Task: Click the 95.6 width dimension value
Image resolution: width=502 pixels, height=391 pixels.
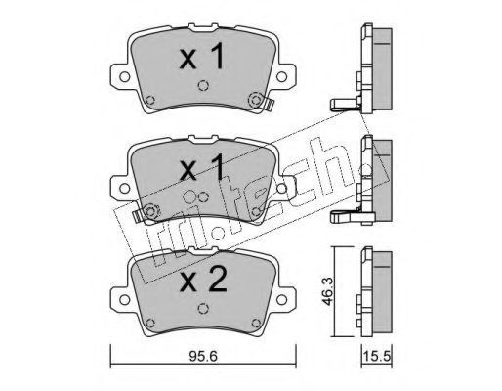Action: [203, 356]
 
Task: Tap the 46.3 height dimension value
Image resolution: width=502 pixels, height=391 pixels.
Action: [326, 291]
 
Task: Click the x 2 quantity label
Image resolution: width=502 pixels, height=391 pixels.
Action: [203, 279]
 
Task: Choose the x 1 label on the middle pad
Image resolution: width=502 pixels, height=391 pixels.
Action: [202, 167]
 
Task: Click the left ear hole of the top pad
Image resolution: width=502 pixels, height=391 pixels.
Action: [124, 77]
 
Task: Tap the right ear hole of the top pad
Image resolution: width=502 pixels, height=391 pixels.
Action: [281, 77]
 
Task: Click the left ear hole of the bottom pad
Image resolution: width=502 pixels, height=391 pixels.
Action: [124, 300]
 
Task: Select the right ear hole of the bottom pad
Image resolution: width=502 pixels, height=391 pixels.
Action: [281, 300]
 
